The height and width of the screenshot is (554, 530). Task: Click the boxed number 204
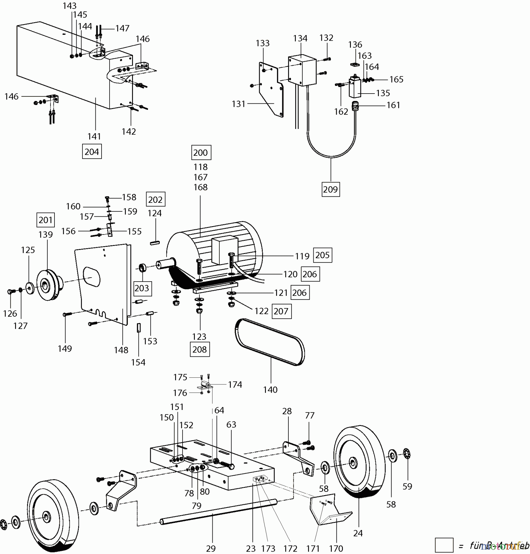click(x=92, y=151)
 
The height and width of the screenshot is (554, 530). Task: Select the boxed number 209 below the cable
click(x=331, y=189)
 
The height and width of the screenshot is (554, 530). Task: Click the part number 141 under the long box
click(x=94, y=136)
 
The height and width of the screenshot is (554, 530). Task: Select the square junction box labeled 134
click(x=302, y=71)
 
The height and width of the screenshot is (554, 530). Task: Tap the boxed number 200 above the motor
click(x=201, y=153)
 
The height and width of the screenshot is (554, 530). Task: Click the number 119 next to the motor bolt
click(x=302, y=256)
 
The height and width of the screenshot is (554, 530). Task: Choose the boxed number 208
click(x=200, y=350)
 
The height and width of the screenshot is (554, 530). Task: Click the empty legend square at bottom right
click(x=444, y=545)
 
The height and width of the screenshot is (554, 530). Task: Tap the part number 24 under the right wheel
click(x=358, y=533)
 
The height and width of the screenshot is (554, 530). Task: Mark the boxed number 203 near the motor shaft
click(x=142, y=288)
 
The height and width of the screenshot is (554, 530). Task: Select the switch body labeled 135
click(x=355, y=88)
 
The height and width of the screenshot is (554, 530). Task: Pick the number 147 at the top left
click(x=122, y=28)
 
